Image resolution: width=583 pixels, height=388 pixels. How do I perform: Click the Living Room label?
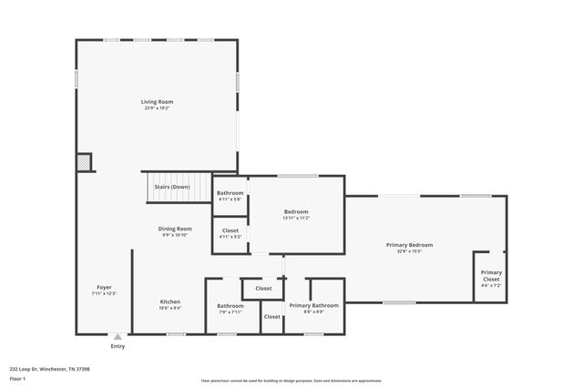[x=157, y=101]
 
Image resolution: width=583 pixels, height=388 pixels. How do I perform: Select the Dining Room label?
[x=175, y=229]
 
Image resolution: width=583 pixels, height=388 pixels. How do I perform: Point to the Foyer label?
[x=105, y=287]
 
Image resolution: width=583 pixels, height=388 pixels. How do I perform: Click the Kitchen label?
[x=170, y=301]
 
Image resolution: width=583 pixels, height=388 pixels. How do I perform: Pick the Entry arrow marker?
[x=117, y=337]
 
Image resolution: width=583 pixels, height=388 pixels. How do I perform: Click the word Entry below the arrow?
[x=118, y=346]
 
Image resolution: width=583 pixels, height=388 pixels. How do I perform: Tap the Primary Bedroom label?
[x=409, y=245]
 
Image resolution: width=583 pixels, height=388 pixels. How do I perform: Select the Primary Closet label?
[x=491, y=272]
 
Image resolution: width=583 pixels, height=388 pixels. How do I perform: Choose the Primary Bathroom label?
[x=314, y=305]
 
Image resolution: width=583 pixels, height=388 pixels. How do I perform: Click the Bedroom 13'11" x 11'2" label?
[x=296, y=211]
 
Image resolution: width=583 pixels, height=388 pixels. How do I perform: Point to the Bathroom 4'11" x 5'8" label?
[x=230, y=193]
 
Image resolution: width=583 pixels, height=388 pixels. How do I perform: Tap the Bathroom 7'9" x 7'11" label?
[x=230, y=305]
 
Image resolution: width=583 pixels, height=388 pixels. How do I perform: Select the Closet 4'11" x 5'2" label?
[x=230, y=230]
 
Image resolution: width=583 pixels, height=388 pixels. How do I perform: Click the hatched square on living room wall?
[x=84, y=162]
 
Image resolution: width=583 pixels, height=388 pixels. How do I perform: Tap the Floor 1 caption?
[x=17, y=378]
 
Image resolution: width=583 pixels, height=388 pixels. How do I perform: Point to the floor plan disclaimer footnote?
[x=291, y=381]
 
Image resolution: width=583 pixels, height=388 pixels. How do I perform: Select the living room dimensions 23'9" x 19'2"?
[x=157, y=107]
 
